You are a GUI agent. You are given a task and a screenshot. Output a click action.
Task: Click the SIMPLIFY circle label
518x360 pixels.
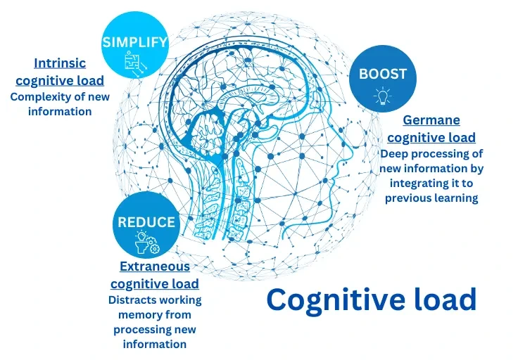135,41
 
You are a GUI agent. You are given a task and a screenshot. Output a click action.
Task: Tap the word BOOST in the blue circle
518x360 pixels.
383,74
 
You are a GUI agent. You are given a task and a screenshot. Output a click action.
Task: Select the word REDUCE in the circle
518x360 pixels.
146,222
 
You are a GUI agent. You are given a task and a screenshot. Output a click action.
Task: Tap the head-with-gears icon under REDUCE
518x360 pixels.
146,243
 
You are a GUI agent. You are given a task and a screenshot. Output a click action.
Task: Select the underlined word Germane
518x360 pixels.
431,121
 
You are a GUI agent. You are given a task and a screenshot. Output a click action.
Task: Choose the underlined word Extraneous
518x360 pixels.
155,266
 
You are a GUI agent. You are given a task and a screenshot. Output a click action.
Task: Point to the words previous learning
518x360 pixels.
431,198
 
